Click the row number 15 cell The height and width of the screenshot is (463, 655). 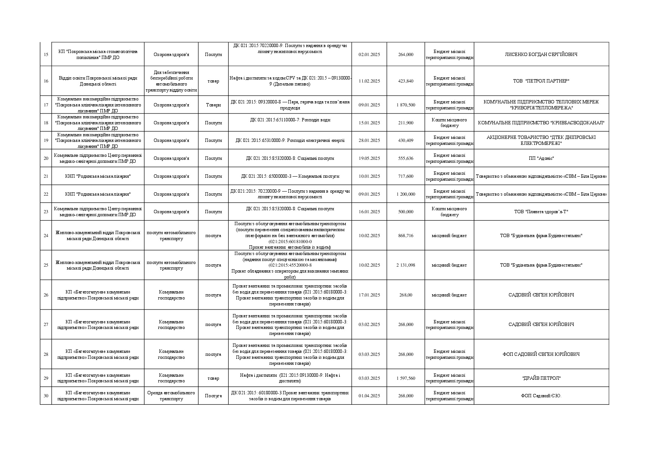(46, 55)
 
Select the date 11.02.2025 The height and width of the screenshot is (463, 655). (369, 81)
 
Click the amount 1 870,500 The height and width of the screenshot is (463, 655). (406, 105)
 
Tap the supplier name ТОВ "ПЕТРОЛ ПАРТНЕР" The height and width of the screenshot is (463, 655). (541, 81)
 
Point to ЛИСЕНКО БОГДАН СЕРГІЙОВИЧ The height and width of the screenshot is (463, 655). (541, 55)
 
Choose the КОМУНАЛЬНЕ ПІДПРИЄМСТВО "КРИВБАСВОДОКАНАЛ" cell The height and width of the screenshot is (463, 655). (541, 123)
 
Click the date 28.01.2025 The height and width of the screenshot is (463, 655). (369, 140)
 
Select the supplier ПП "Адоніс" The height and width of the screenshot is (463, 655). (541, 158)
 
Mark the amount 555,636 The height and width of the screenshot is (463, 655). (406, 158)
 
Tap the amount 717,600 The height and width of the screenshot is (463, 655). (406, 176)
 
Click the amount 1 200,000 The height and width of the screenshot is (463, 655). (406, 194)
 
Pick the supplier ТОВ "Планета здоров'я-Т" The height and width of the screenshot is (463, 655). (541, 212)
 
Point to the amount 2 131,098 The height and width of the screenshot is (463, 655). (406, 265)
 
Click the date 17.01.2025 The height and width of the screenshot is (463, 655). (369, 295)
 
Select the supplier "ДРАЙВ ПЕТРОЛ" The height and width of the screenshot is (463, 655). (541, 378)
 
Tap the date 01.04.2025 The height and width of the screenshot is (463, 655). (369, 396)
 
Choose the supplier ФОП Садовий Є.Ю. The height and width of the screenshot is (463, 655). (541, 396)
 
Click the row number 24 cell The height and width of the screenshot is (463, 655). (46, 236)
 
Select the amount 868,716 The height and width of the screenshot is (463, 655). (406, 236)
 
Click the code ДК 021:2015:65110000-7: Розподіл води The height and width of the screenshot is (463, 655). (290, 120)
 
